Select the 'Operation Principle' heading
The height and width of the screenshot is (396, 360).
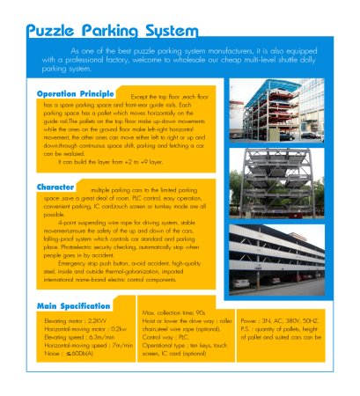(75, 93)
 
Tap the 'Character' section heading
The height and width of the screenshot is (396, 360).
(55, 187)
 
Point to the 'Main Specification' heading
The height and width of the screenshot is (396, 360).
(73, 306)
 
